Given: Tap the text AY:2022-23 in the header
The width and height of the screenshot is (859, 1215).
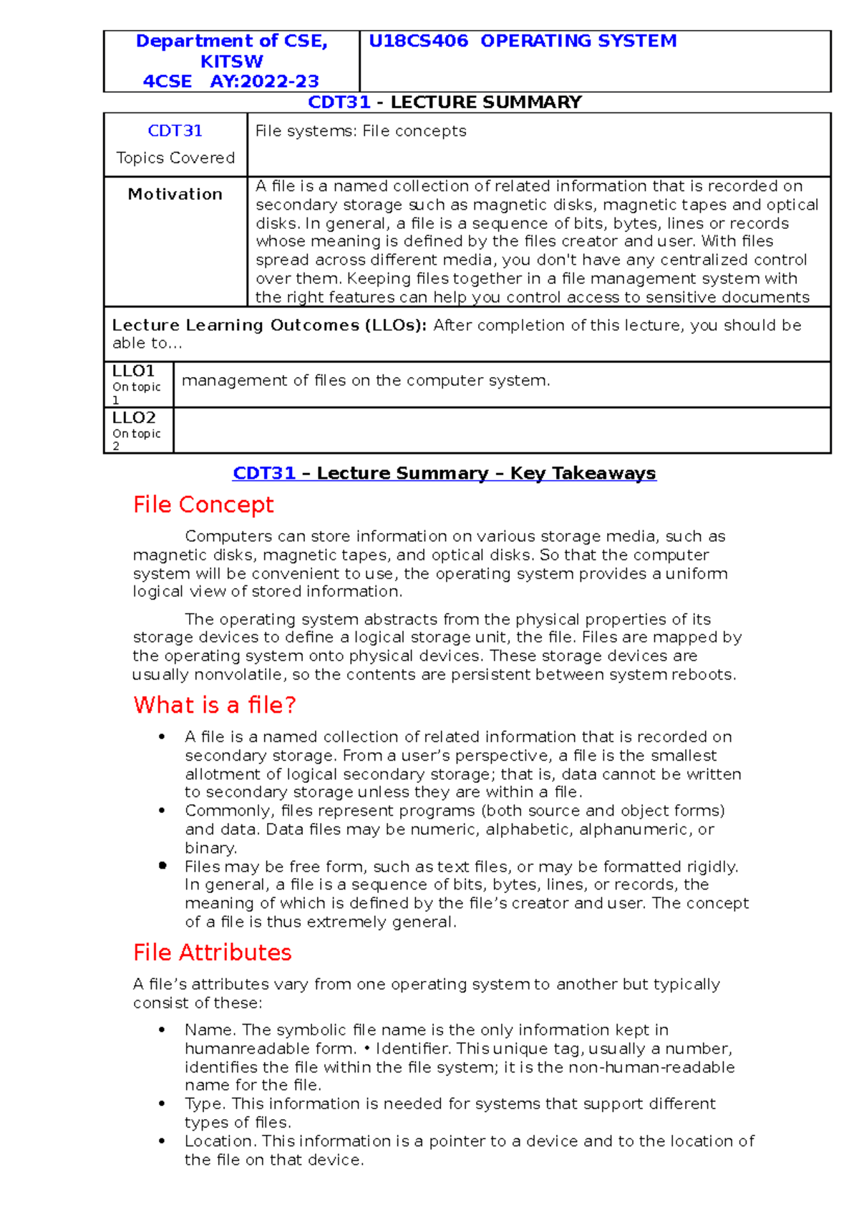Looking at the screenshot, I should (x=264, y=82).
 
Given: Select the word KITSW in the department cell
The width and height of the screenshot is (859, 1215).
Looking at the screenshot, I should (x=231, y=62).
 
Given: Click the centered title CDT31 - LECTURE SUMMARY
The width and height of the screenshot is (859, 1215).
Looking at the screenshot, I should (x=445, y=102).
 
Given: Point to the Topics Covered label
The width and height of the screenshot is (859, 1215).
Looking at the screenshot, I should (x=175, y=158).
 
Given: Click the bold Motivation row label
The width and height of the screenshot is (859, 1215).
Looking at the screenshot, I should (x=175, y=194).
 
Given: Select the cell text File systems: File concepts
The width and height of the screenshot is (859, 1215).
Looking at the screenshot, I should (x=361, y=131).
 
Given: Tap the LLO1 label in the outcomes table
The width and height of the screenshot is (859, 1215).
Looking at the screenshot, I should (x=134, y=371).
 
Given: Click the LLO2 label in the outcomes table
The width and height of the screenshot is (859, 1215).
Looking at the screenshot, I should (x=134, y=418).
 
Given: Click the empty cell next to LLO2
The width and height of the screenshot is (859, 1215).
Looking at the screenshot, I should (x=501, y=431).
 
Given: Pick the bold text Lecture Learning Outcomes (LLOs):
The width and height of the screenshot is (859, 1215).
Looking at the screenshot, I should (x=269, y=326).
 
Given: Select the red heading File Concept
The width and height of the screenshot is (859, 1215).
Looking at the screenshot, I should (x=203, y=505).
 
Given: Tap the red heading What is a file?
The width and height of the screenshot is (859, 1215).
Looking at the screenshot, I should (x=214, y=706).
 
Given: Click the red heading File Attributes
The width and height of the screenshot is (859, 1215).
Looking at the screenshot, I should (x=212, y=953).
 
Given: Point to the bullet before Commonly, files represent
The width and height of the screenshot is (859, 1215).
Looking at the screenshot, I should (x=162, y=811).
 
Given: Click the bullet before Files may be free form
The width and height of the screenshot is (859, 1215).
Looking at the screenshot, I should (x=162, y=866).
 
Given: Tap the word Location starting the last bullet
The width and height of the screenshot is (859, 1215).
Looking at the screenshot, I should (x=219, y=1141).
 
